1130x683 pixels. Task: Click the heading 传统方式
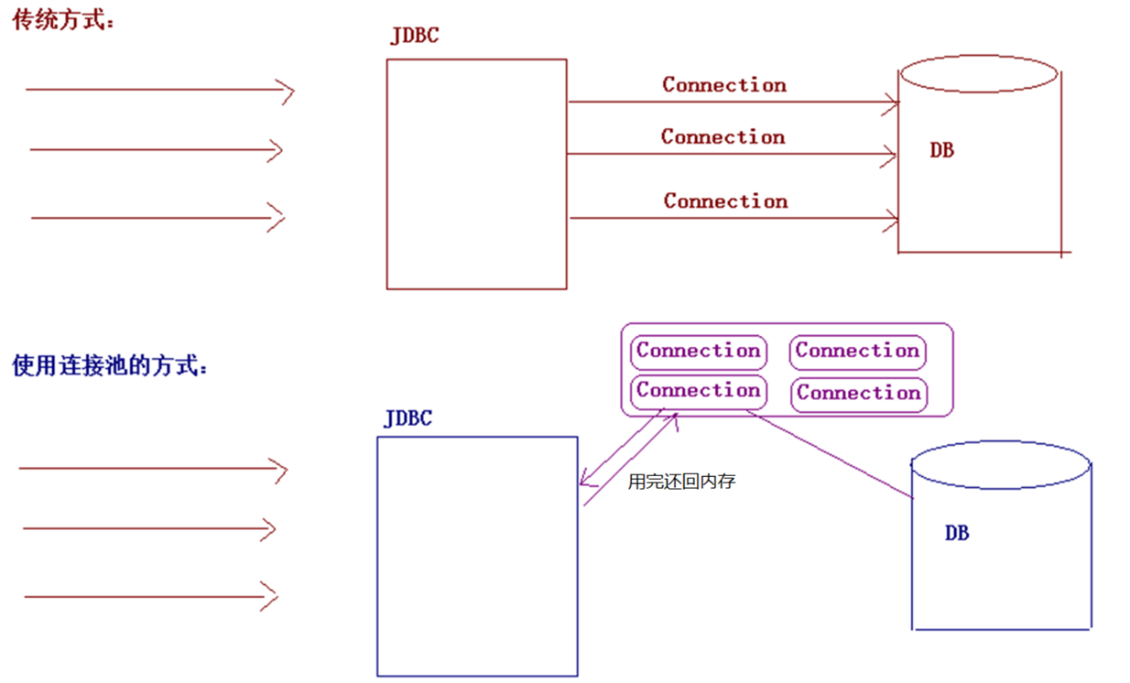tap(62, 21)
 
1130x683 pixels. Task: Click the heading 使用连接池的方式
tap(109, 366)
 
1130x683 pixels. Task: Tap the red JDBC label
tap(414, 37)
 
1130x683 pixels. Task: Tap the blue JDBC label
tap(407, 419)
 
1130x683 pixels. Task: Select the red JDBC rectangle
tap(476, 174)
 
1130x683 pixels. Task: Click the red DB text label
tap(941, 150)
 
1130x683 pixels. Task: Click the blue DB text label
tap(957, 533)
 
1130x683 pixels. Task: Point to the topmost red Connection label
tap(724, 85)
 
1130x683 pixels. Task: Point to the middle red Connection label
tap(723, 137)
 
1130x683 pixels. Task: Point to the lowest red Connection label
tap(725, 201)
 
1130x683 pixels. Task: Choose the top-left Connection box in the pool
tap(699, 352)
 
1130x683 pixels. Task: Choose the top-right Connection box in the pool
tap(857, 352)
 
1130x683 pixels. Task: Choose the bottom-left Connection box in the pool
tap(699, 392)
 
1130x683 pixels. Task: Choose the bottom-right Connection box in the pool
tap(858, 394)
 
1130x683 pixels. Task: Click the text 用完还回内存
tap(681, 482)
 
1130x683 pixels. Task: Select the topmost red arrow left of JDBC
tap(159, 90)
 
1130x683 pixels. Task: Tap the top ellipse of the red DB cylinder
tap(979, 73)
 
